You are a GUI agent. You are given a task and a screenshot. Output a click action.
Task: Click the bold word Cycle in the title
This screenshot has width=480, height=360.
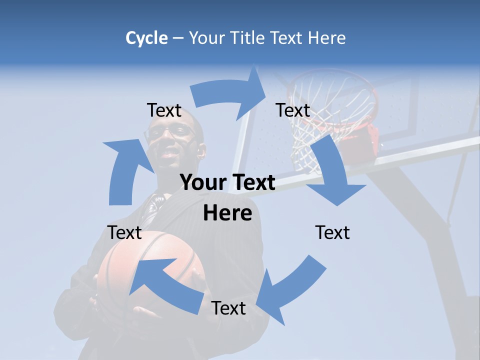(x=146, y=38)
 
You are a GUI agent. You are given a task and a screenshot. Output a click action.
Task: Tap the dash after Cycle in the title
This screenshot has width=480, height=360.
(x=178, y=38)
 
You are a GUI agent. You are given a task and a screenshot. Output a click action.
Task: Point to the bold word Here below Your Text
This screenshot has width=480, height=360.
(x=227, y=213)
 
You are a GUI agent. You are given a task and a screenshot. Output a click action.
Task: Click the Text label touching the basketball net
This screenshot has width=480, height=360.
(x=293, y=110)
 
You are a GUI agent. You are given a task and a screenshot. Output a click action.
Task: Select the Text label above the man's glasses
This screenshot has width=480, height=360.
(x=164, y=110)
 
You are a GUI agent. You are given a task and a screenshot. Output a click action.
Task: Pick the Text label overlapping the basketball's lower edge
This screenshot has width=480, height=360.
(x=228, y=308)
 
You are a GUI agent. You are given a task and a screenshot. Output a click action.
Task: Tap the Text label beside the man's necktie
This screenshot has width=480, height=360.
(x=124, y=232)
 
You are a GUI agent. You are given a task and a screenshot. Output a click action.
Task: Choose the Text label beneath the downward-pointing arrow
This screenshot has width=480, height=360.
(x=332, y=232)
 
